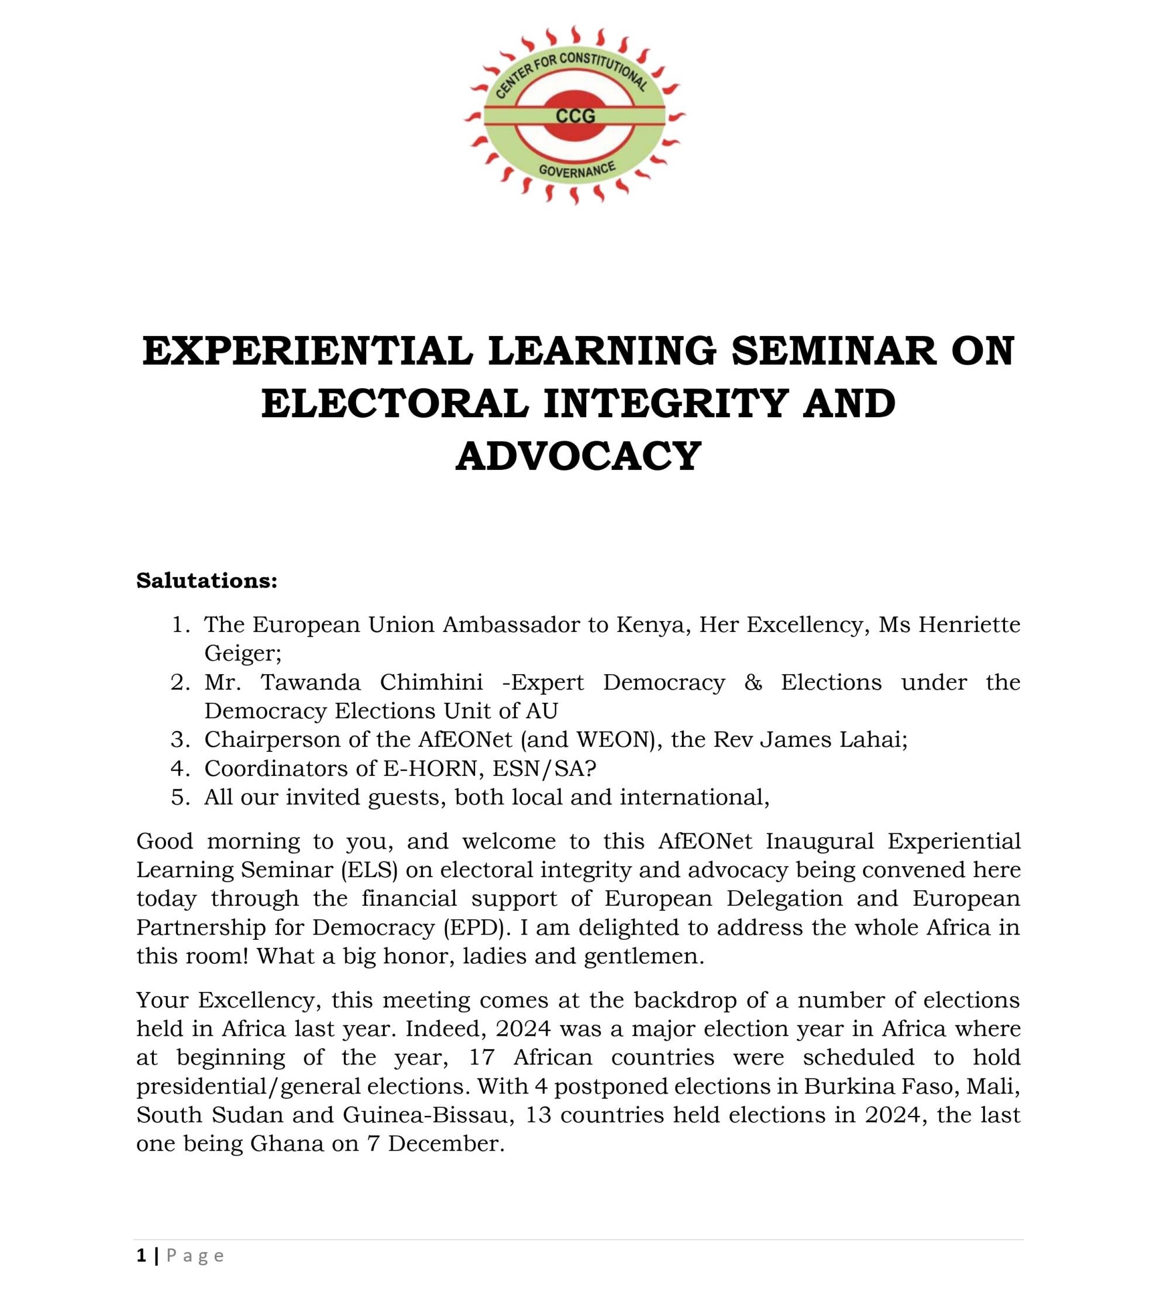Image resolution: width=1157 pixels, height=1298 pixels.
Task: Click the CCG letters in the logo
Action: coord(576,116)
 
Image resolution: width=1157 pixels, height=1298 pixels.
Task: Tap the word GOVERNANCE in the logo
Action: coord(577,169)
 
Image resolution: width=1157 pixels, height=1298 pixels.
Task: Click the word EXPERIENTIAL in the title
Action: coord(308,351)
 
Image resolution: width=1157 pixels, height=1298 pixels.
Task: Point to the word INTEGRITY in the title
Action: coord(665,404)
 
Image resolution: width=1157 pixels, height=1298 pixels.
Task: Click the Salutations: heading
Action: coord(206,581)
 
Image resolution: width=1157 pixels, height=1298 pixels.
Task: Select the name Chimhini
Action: coord(431,682)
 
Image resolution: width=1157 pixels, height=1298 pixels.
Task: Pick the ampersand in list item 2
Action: coord(753,682)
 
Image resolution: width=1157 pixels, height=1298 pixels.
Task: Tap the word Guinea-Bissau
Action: coord(425,1115)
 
